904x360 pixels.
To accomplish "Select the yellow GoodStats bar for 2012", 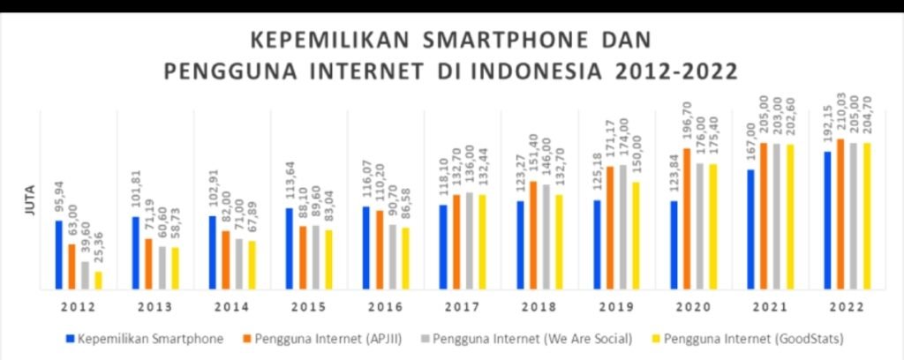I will click(x=98, y=280).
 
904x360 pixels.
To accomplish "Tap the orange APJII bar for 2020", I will click(x=687, y=218).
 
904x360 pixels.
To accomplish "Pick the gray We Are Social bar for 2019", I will click(x=623, y=227).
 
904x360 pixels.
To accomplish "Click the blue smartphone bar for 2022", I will click(x=827, y=220).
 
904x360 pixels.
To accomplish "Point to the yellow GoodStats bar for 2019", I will click(x=636, y=235).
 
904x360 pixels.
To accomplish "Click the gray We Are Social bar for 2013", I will click(x=162, y=266).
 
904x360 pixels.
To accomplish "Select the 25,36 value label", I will click(x=97, y=251).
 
